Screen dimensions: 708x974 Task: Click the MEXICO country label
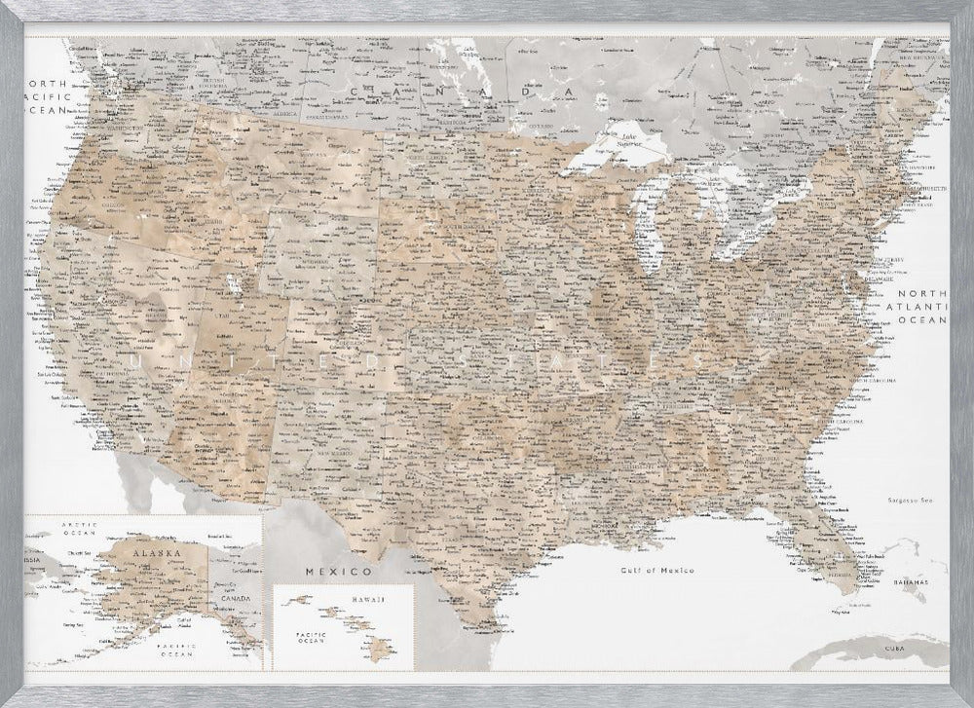click(339, 571)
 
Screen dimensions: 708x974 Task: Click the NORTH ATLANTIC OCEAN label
click(922, 306)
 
